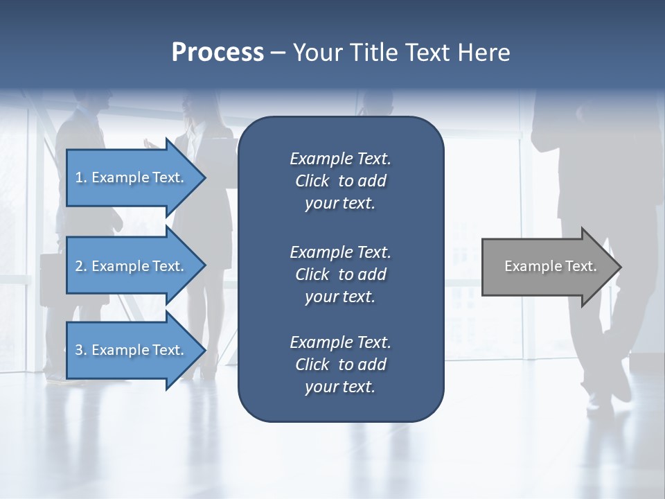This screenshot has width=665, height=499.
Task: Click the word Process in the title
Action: point(218,53)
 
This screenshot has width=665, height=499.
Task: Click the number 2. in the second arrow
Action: point(81,266)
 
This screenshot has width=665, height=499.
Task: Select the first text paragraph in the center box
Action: point(340,181)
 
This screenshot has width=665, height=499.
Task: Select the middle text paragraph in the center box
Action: point(340,274)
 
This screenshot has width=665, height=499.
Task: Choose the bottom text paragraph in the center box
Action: point(340,365)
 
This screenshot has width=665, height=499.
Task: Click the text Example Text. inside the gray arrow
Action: point(550,267)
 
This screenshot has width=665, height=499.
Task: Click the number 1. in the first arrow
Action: point(81,177)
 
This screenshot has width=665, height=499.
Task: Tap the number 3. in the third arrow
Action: point(81,350)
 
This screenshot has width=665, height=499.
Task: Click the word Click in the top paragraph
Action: point(312,181)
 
